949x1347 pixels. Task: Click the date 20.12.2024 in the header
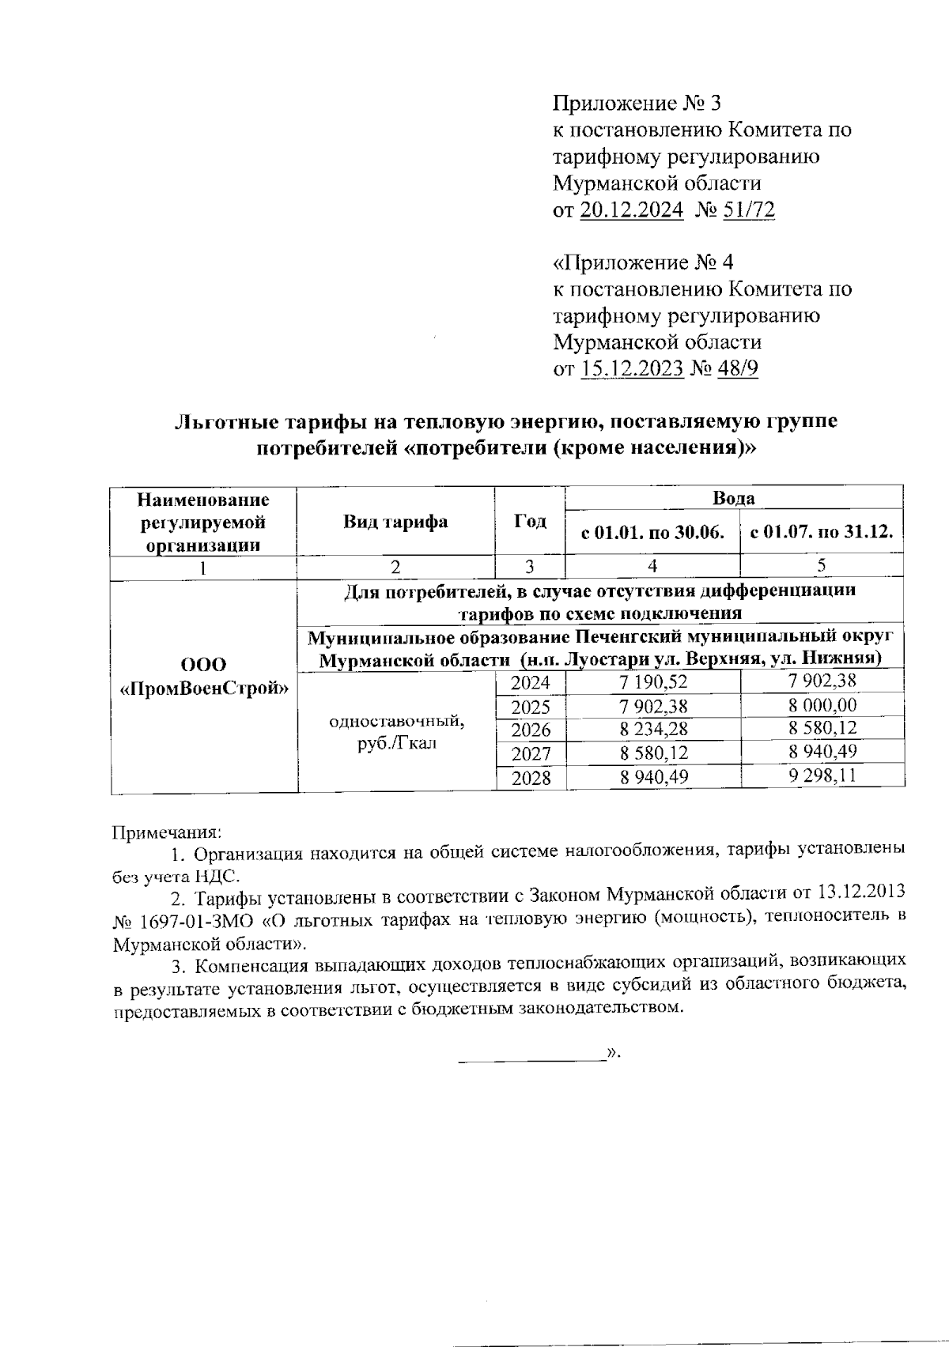632,210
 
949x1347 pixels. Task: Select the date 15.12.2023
632,369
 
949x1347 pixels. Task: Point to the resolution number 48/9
737,369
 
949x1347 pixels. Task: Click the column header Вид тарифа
395,522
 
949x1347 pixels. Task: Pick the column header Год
530,522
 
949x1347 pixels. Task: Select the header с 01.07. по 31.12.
822,532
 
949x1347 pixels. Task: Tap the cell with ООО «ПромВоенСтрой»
203,676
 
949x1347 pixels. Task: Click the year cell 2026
531,730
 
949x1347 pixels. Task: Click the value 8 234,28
653,730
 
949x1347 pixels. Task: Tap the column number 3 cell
530,566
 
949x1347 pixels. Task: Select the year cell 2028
531,778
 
